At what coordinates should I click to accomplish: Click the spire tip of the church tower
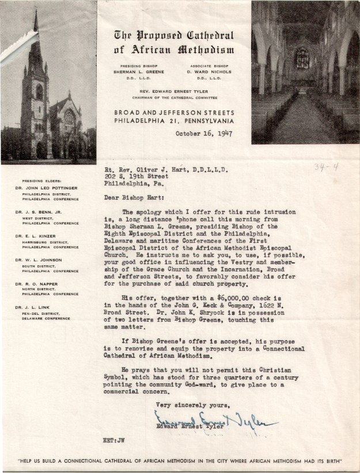click(x=36, y=13)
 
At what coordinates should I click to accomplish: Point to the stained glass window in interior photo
click(x=302, y=58)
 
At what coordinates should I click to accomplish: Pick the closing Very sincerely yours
click(x=189, y=405)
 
